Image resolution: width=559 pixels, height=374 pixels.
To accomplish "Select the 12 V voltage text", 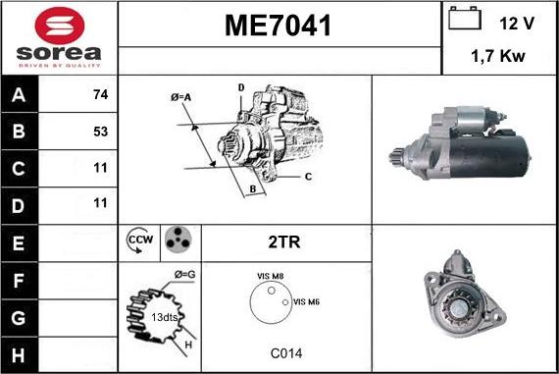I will [517, 22].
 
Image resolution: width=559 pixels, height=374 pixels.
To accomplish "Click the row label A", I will [19, 96].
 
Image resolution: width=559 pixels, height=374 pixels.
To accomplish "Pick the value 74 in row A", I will [99, 96].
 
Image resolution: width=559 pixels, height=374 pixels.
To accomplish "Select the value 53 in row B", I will [99, 131].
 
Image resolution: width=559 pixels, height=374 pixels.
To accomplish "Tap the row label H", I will [19, 354].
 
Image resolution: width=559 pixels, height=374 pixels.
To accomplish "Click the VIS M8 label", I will [270, 278].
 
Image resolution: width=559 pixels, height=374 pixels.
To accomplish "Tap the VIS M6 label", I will [306, 301].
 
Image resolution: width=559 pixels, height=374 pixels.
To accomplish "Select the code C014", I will [285, 352].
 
